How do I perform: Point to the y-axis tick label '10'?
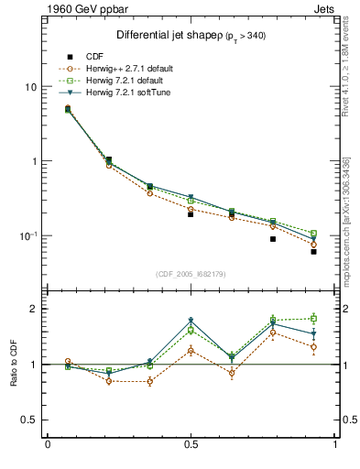(x=30, y=87)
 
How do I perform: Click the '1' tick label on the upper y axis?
(x=34, y=161)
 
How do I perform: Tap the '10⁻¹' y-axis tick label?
(x=28, y=235)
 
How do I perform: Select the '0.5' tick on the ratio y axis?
(x=29, y=420)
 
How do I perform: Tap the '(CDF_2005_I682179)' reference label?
(x=191, y=274)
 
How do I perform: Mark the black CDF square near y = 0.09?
(x=273, y=239)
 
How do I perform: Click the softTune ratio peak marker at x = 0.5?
(x=191, y=321)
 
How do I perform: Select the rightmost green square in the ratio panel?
(x=313, y=318)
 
